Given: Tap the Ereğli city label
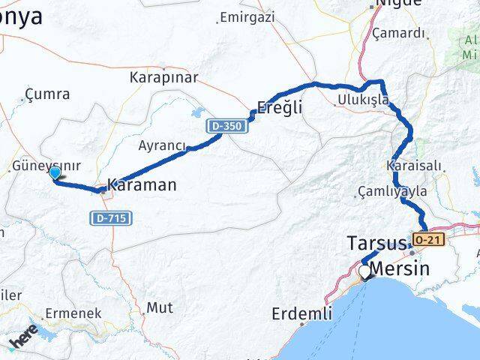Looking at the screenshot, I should click(279, 107).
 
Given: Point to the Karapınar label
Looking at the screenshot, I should click(163, 77).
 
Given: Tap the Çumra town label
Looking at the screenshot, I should click(47, 94).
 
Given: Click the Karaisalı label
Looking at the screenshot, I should click(411, 165).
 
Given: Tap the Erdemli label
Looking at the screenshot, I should click(303, 313).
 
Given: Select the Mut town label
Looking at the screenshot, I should click(159, 307).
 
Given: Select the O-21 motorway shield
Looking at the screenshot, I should click(426, 239).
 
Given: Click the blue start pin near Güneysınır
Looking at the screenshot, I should click(55, 174).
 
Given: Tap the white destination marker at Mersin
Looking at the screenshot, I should click(365, 271).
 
